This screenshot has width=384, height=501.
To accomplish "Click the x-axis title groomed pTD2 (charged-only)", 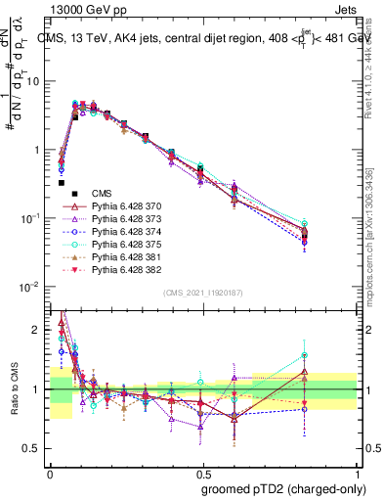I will [282, 488].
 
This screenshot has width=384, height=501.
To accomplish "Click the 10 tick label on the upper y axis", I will [33, 81].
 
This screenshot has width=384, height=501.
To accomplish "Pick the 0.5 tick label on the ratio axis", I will [34, 448].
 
